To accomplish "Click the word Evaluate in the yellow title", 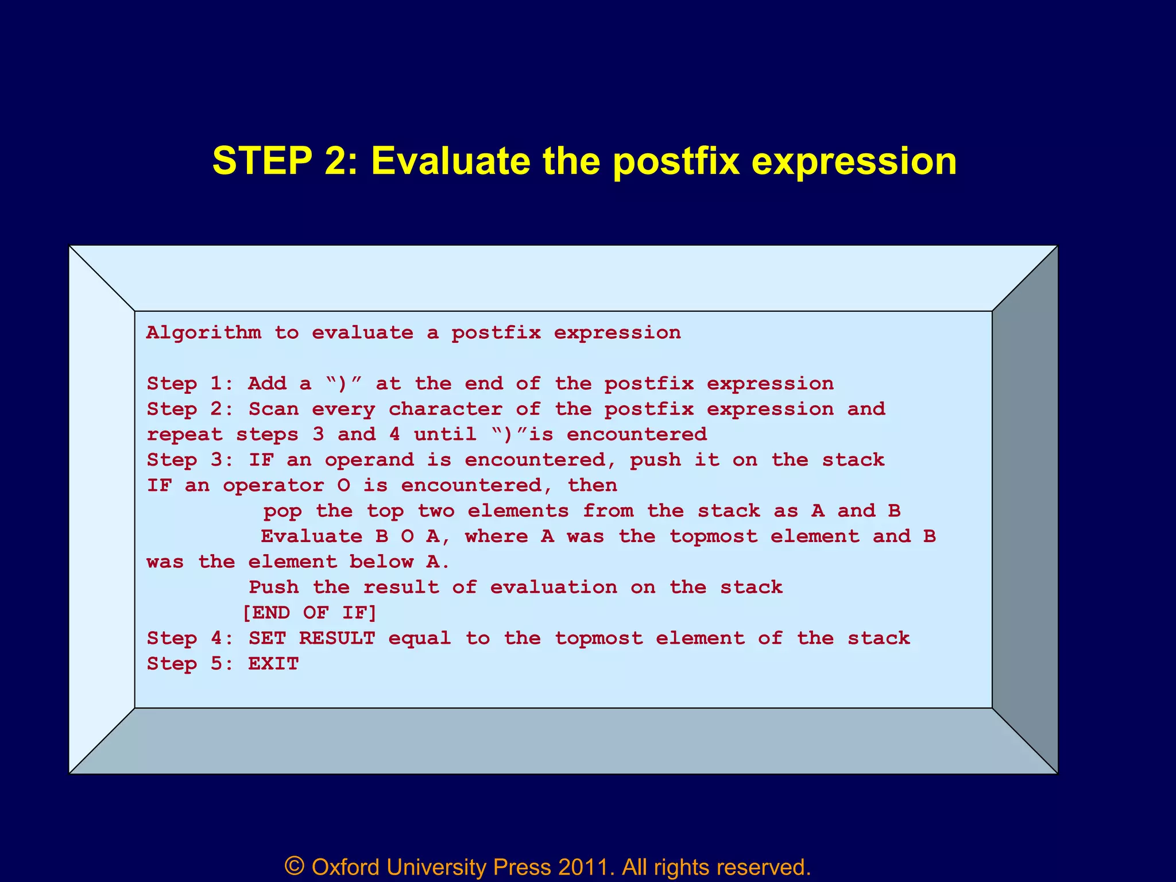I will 450,160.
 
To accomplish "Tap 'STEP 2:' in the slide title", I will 285,160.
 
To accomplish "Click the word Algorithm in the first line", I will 203,332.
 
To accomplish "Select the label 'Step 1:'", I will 189,384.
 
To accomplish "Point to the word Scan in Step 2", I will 273,409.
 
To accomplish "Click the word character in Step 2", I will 445,409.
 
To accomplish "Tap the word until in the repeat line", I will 445,434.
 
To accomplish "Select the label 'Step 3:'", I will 189,460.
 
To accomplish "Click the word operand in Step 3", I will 369,460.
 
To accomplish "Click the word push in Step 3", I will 655,460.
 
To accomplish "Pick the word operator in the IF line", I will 273,486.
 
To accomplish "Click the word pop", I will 283,510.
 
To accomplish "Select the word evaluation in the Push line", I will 554,587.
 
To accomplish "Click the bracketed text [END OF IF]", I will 310,613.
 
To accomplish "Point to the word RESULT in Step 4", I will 337,638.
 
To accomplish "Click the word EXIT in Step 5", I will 273,664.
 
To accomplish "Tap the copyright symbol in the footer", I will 295,866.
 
